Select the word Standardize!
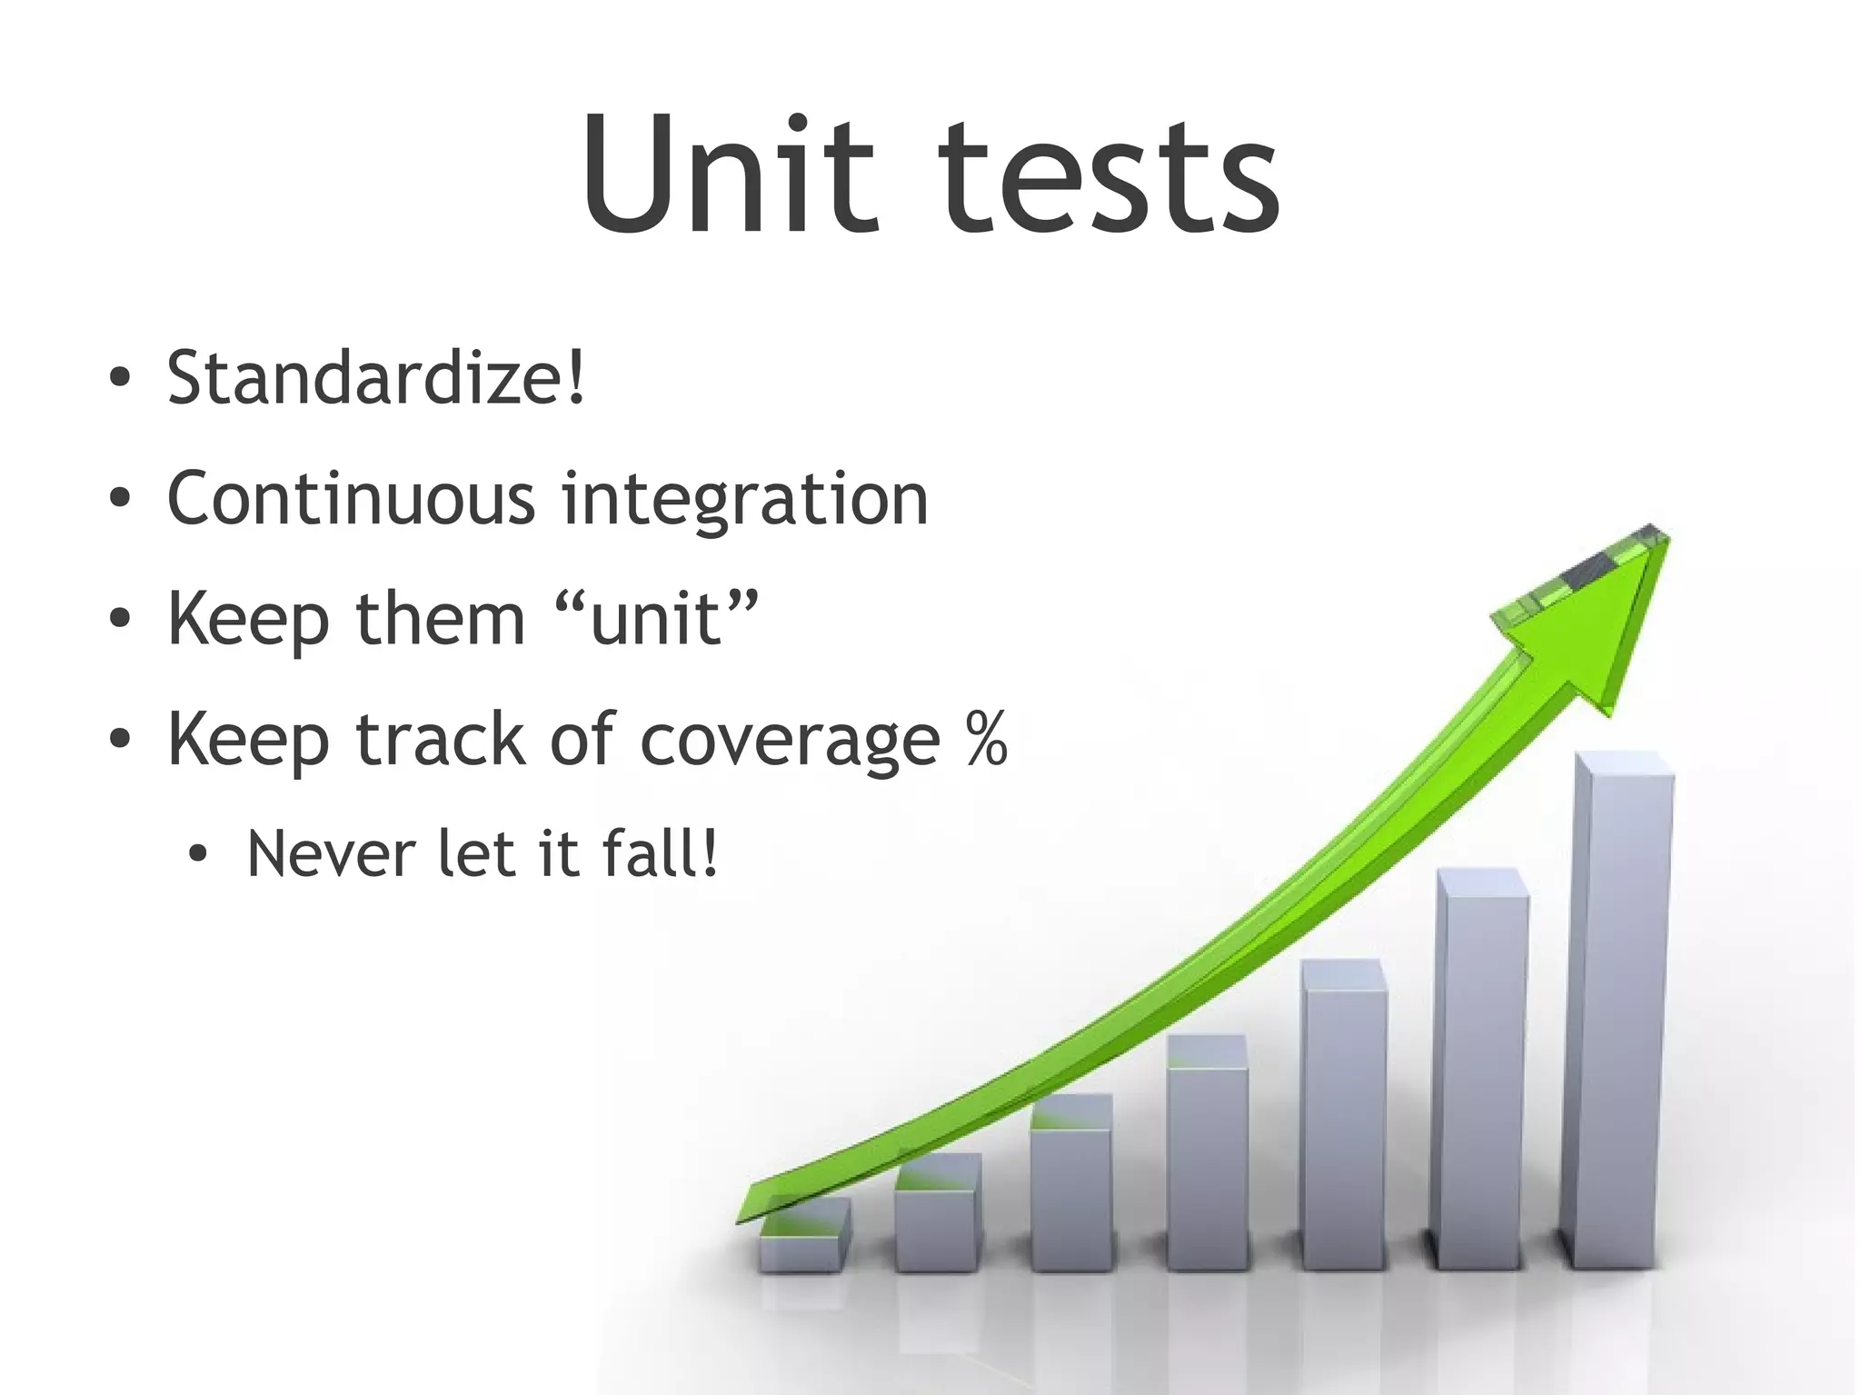point(376,377)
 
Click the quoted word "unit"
point(656,618)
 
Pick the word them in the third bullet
point(441,618)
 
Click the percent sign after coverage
point(985,739)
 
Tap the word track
point(441,739)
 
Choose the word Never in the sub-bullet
point(331,854)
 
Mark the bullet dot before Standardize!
point(119,380)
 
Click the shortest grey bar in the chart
point(803,1236)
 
